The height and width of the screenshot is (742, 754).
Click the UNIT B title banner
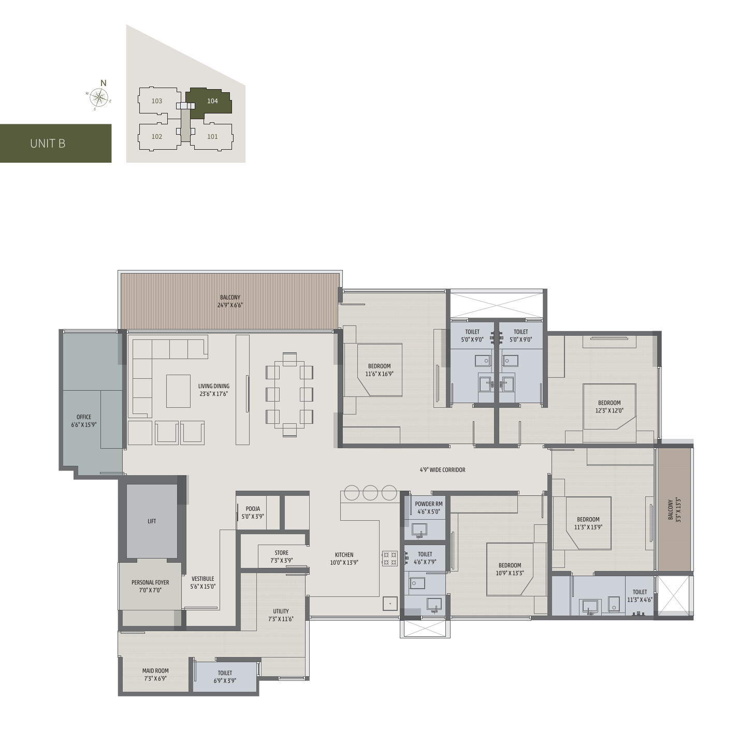55,144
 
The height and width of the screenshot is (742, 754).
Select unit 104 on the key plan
209,103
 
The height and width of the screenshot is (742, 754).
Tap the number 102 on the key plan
157,137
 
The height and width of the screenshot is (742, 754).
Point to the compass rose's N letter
103,83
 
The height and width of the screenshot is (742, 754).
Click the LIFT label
152,521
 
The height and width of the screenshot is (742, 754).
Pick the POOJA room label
253,509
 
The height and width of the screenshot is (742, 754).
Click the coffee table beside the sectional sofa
179,391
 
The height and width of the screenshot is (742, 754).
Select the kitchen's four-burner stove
390,559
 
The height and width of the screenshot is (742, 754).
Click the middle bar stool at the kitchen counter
370,493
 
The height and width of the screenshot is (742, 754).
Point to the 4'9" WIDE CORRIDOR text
443,470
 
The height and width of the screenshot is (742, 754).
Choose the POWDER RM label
429,504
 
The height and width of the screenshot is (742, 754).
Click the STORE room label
281,553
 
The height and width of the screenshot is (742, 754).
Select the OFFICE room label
84,417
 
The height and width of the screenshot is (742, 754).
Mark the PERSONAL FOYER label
150,582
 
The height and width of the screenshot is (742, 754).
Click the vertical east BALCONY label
671,509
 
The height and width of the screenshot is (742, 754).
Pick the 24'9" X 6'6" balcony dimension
230,305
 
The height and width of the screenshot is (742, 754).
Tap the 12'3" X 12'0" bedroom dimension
609,410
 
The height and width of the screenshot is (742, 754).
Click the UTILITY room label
281,611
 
